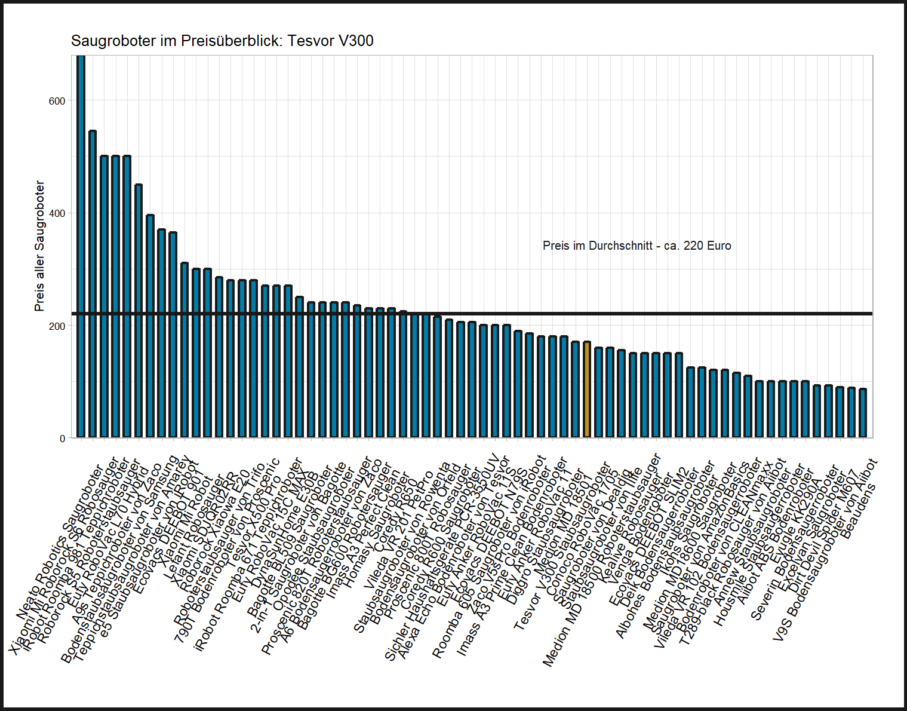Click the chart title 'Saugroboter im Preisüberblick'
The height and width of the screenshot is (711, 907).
point(177,41)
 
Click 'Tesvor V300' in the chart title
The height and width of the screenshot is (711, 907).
point(330,41)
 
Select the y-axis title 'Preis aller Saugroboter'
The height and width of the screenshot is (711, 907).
point(39,246)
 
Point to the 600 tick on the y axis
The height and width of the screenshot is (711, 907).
point(57,101)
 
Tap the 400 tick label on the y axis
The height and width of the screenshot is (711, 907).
point(57,213)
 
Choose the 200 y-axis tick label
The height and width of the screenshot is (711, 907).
point(57,326)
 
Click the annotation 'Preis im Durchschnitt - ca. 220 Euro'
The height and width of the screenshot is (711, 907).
point(637,246)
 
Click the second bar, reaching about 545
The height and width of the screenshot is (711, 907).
point(93,284)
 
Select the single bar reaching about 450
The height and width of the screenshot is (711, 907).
point(139,311)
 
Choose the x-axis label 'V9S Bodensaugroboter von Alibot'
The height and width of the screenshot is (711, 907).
point(825,550)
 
